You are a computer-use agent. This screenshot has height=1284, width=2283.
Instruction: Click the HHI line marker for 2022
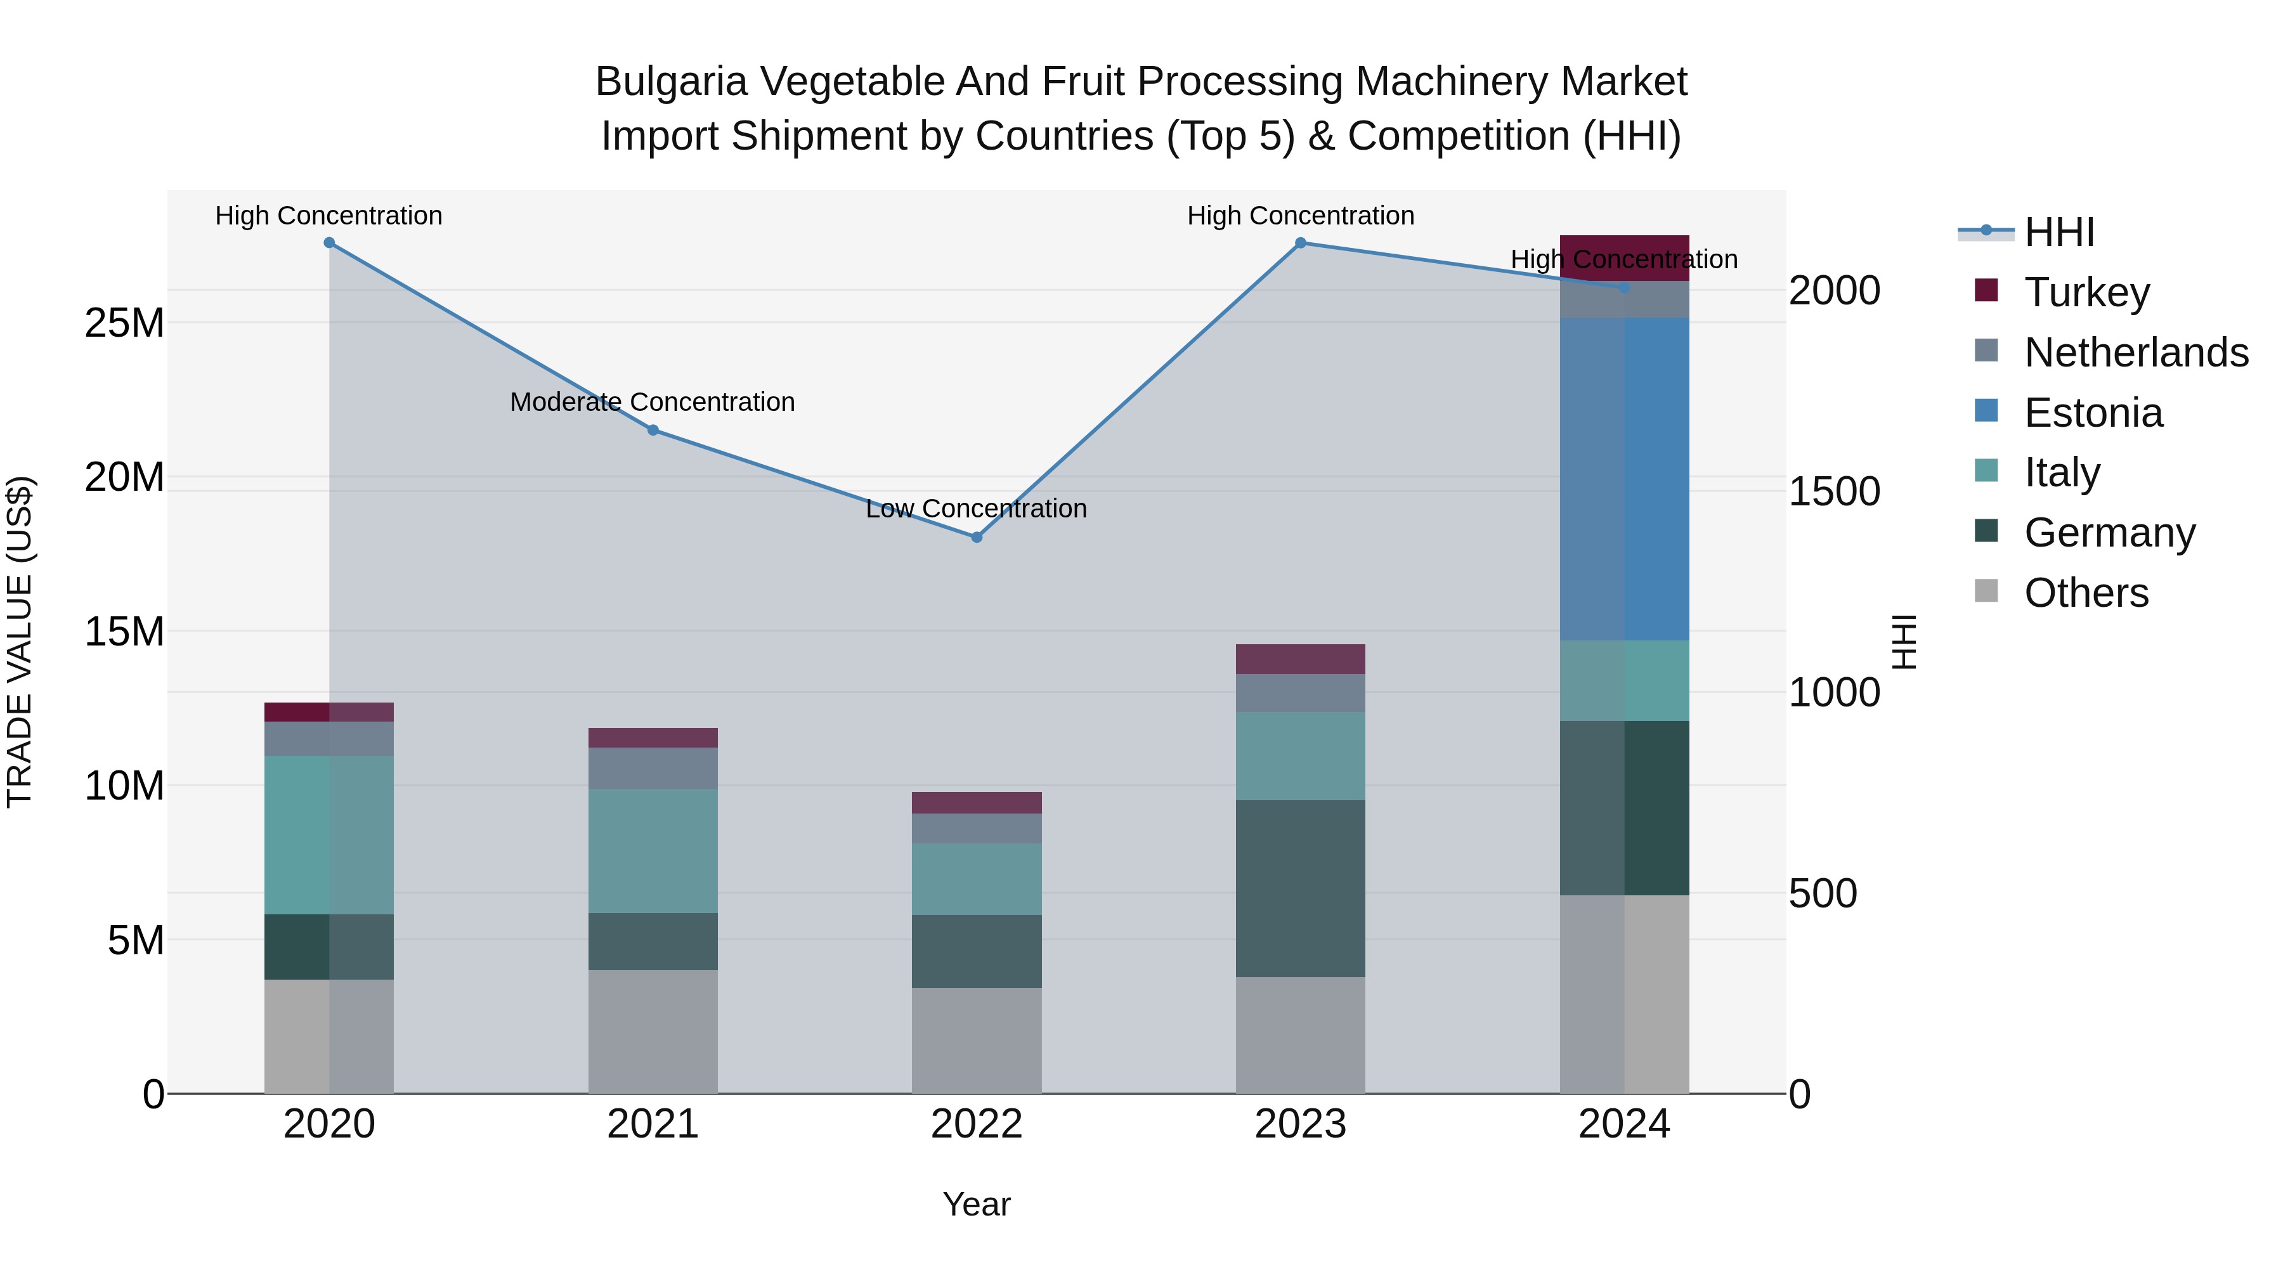click(x=977, y=537)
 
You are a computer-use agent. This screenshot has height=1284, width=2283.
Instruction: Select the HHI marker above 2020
click(x=328, y=243)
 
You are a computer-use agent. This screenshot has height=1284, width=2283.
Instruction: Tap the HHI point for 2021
click(x=653, y=430)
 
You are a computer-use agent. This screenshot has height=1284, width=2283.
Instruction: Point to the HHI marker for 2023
click(x=1300, y=243)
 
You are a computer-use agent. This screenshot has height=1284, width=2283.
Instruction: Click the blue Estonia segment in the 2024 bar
click(x=1625, y=479)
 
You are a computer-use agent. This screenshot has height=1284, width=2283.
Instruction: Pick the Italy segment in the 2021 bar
click(x=653, y=851)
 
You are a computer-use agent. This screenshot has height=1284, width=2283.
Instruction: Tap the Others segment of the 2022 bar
click(x=977, y=1041)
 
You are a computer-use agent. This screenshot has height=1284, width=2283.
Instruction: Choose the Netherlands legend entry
click(x=2136, y=353)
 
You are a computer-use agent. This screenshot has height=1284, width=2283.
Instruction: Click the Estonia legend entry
click(x=2093, y=413)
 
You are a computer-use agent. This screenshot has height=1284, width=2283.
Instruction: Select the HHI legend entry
click(x=2059, y=232)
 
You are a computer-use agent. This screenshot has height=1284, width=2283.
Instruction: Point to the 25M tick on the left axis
click(x=124, y=323)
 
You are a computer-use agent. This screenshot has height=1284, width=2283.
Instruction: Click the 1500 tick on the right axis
click(x=1833, y=492)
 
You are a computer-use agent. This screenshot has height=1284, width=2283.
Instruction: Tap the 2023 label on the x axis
click(x=1300, y=1124)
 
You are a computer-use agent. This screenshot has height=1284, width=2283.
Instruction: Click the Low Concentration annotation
click(x=977, y=509)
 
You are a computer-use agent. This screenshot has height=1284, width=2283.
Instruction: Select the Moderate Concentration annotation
click(x=653, y=402)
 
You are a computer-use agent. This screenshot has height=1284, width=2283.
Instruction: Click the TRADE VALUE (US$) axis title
click(x=20, y=642)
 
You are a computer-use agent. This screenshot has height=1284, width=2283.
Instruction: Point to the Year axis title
click(x=977, y=1204)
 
